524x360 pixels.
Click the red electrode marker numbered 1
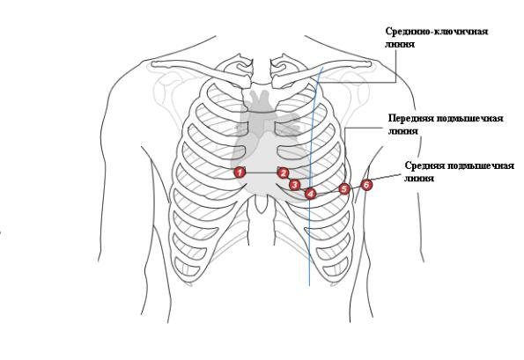(240, 173)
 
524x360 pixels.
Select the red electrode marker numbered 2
(283, 173)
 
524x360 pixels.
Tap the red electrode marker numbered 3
(294, 184)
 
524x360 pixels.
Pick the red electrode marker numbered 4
(311, 194)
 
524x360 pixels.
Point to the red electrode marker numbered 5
(344, 189)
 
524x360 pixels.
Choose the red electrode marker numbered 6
(366, 185)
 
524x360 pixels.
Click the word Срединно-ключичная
(437, 32)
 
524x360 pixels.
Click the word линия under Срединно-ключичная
(400, 44)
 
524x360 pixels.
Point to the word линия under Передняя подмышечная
(403, 131)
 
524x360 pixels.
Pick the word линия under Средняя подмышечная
(419, 179)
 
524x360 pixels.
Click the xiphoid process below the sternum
(261, 203)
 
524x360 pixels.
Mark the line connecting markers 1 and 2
(262, 173)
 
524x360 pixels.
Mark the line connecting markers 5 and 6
(355, 187)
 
